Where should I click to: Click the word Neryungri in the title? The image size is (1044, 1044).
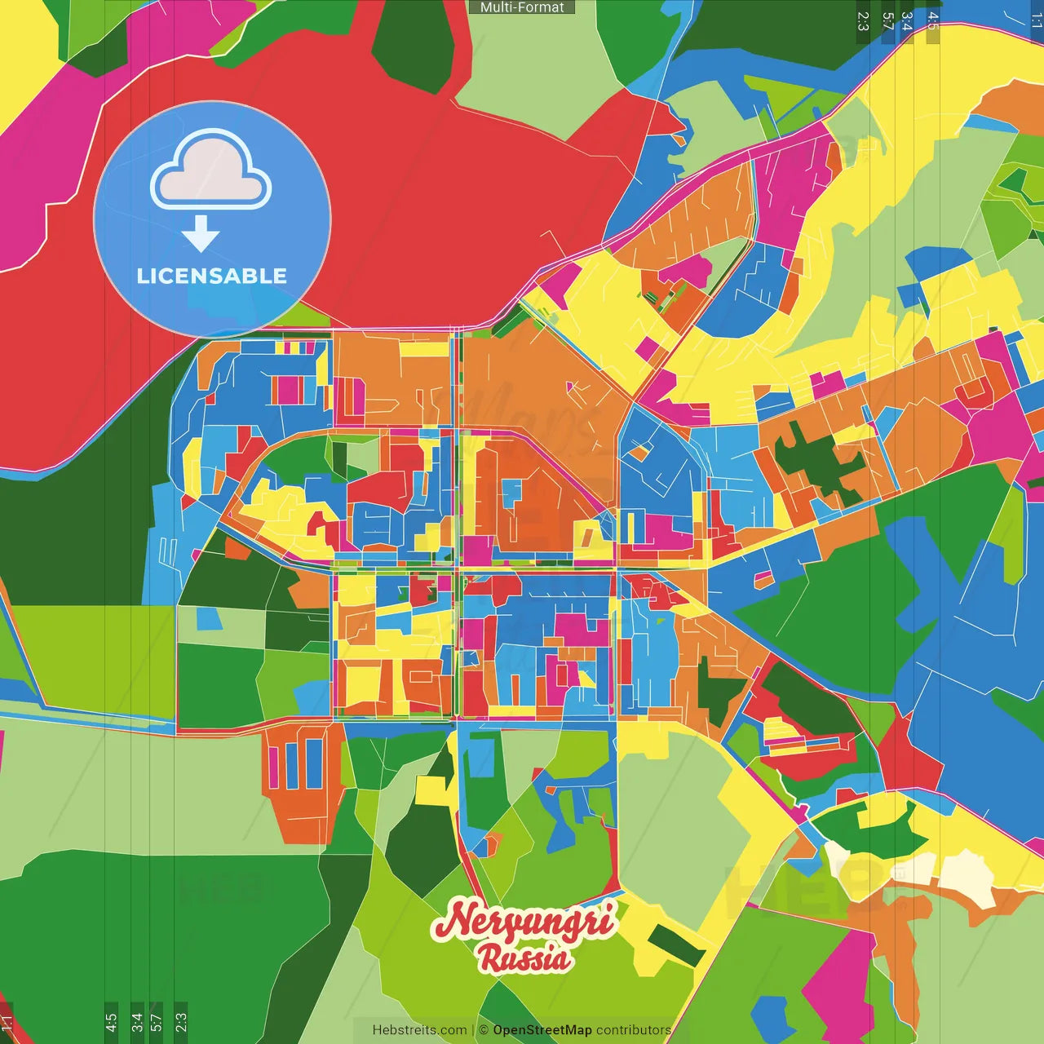tap(523, 921)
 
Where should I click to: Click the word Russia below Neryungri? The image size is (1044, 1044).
tap(524, 958)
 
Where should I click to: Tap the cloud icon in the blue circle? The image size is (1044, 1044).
tap(211, 172)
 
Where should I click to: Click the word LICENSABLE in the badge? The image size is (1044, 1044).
tap(212, 276)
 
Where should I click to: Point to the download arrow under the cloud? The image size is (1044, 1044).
tap(201, 235)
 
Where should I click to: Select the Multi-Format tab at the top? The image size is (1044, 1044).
tap(522, 7)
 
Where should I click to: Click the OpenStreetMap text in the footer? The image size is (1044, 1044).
tap(542, 1030)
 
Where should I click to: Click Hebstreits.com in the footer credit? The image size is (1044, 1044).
tap(419, 1030)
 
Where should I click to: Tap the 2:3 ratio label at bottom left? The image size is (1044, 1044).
tap(180, 1021)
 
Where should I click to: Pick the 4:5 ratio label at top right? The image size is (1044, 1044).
tap(932, 21)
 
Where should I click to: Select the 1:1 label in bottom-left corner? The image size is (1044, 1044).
tap(7, 1022)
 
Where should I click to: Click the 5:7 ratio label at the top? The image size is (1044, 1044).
tap(887, 21)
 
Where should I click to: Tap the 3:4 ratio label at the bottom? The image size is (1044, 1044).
tap(136, 1021)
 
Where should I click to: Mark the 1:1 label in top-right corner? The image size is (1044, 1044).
tap(1036, 21)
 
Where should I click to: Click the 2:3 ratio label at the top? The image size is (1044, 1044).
tap(863, 21)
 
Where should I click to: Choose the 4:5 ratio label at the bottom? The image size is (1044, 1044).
tap(111, 1021)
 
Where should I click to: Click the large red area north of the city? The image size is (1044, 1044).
tap(424, 204)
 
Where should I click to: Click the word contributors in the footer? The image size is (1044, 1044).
tap(633, 1030)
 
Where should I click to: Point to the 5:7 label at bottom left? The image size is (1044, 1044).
tap(156, 1021)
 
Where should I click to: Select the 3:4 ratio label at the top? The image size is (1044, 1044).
tap(906, 21)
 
